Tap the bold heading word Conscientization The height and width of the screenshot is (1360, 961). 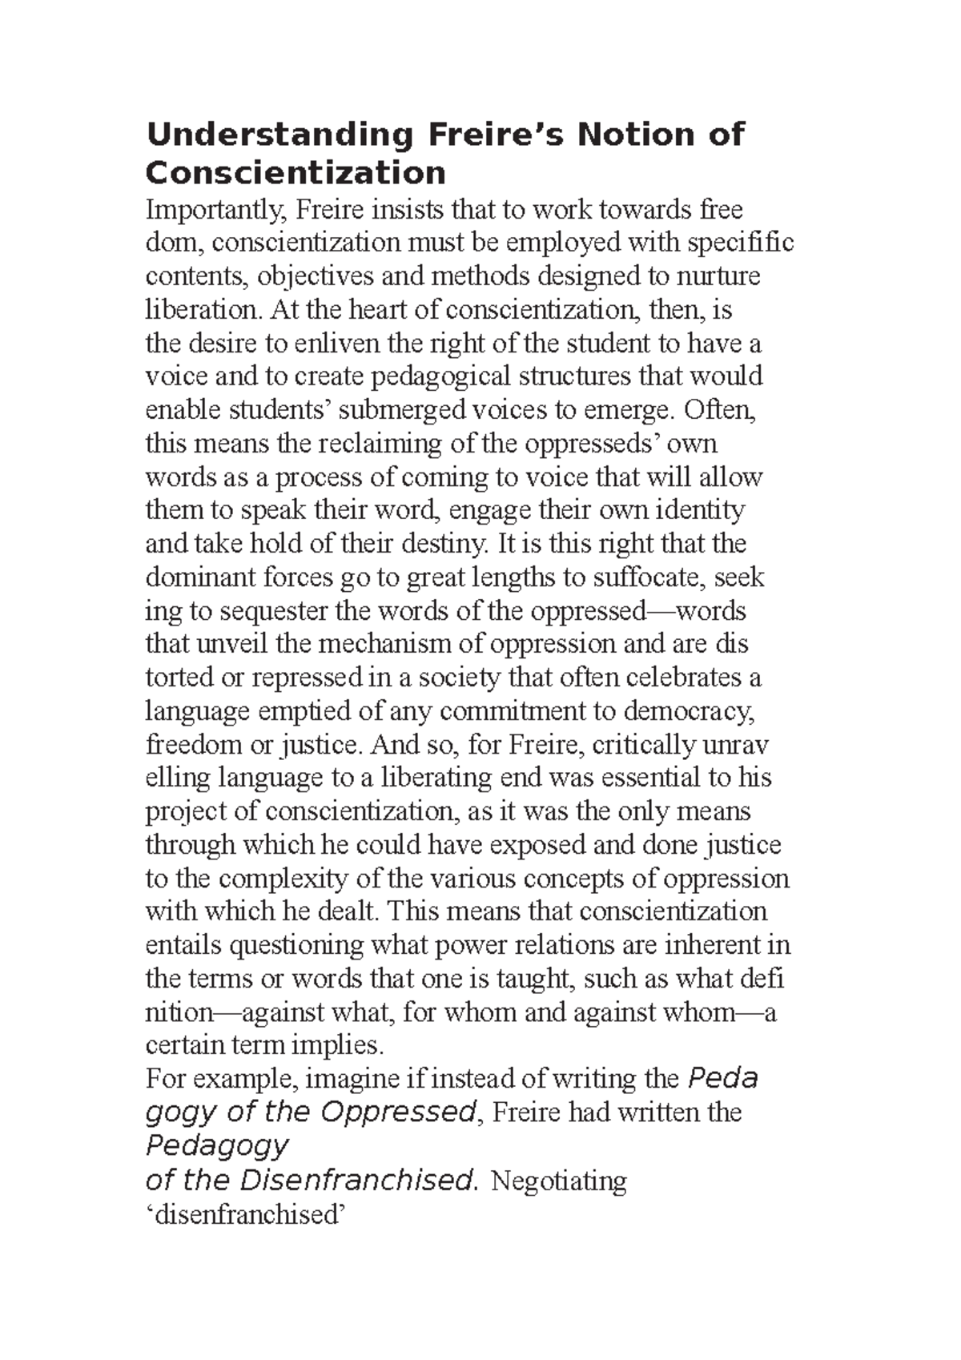(x=296, y=172)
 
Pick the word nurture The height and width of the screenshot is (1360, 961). (x=719, y=276)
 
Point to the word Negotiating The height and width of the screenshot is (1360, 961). (x=558, y=1181)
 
